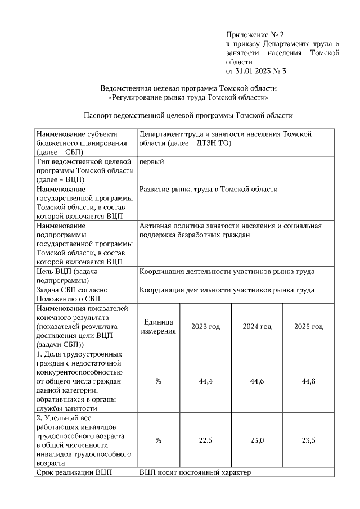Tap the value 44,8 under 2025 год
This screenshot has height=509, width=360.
[308, 381]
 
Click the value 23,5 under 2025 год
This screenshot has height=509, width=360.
[308, 440]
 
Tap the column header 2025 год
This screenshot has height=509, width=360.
[308, 326]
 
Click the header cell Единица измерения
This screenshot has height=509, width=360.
[158, 326]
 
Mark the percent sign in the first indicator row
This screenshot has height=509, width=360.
[158, 381]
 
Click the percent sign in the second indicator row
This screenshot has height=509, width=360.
[158, 440]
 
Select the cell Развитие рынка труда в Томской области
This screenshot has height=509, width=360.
[208, 190]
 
